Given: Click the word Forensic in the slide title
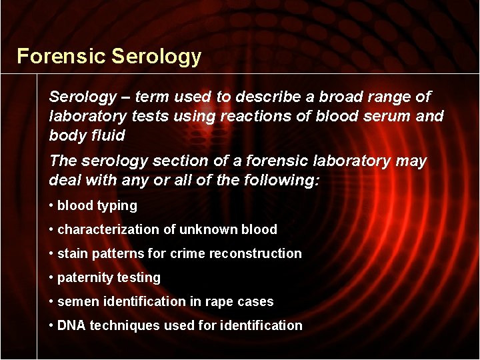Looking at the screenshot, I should [x=61, y=56].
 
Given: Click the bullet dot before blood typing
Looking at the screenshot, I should [x=51, y=206].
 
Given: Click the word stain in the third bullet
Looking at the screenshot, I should [x=73, y=254].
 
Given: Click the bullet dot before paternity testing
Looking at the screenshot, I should [x=51, y=278].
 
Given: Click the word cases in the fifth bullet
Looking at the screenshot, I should [x=256, y=302].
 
